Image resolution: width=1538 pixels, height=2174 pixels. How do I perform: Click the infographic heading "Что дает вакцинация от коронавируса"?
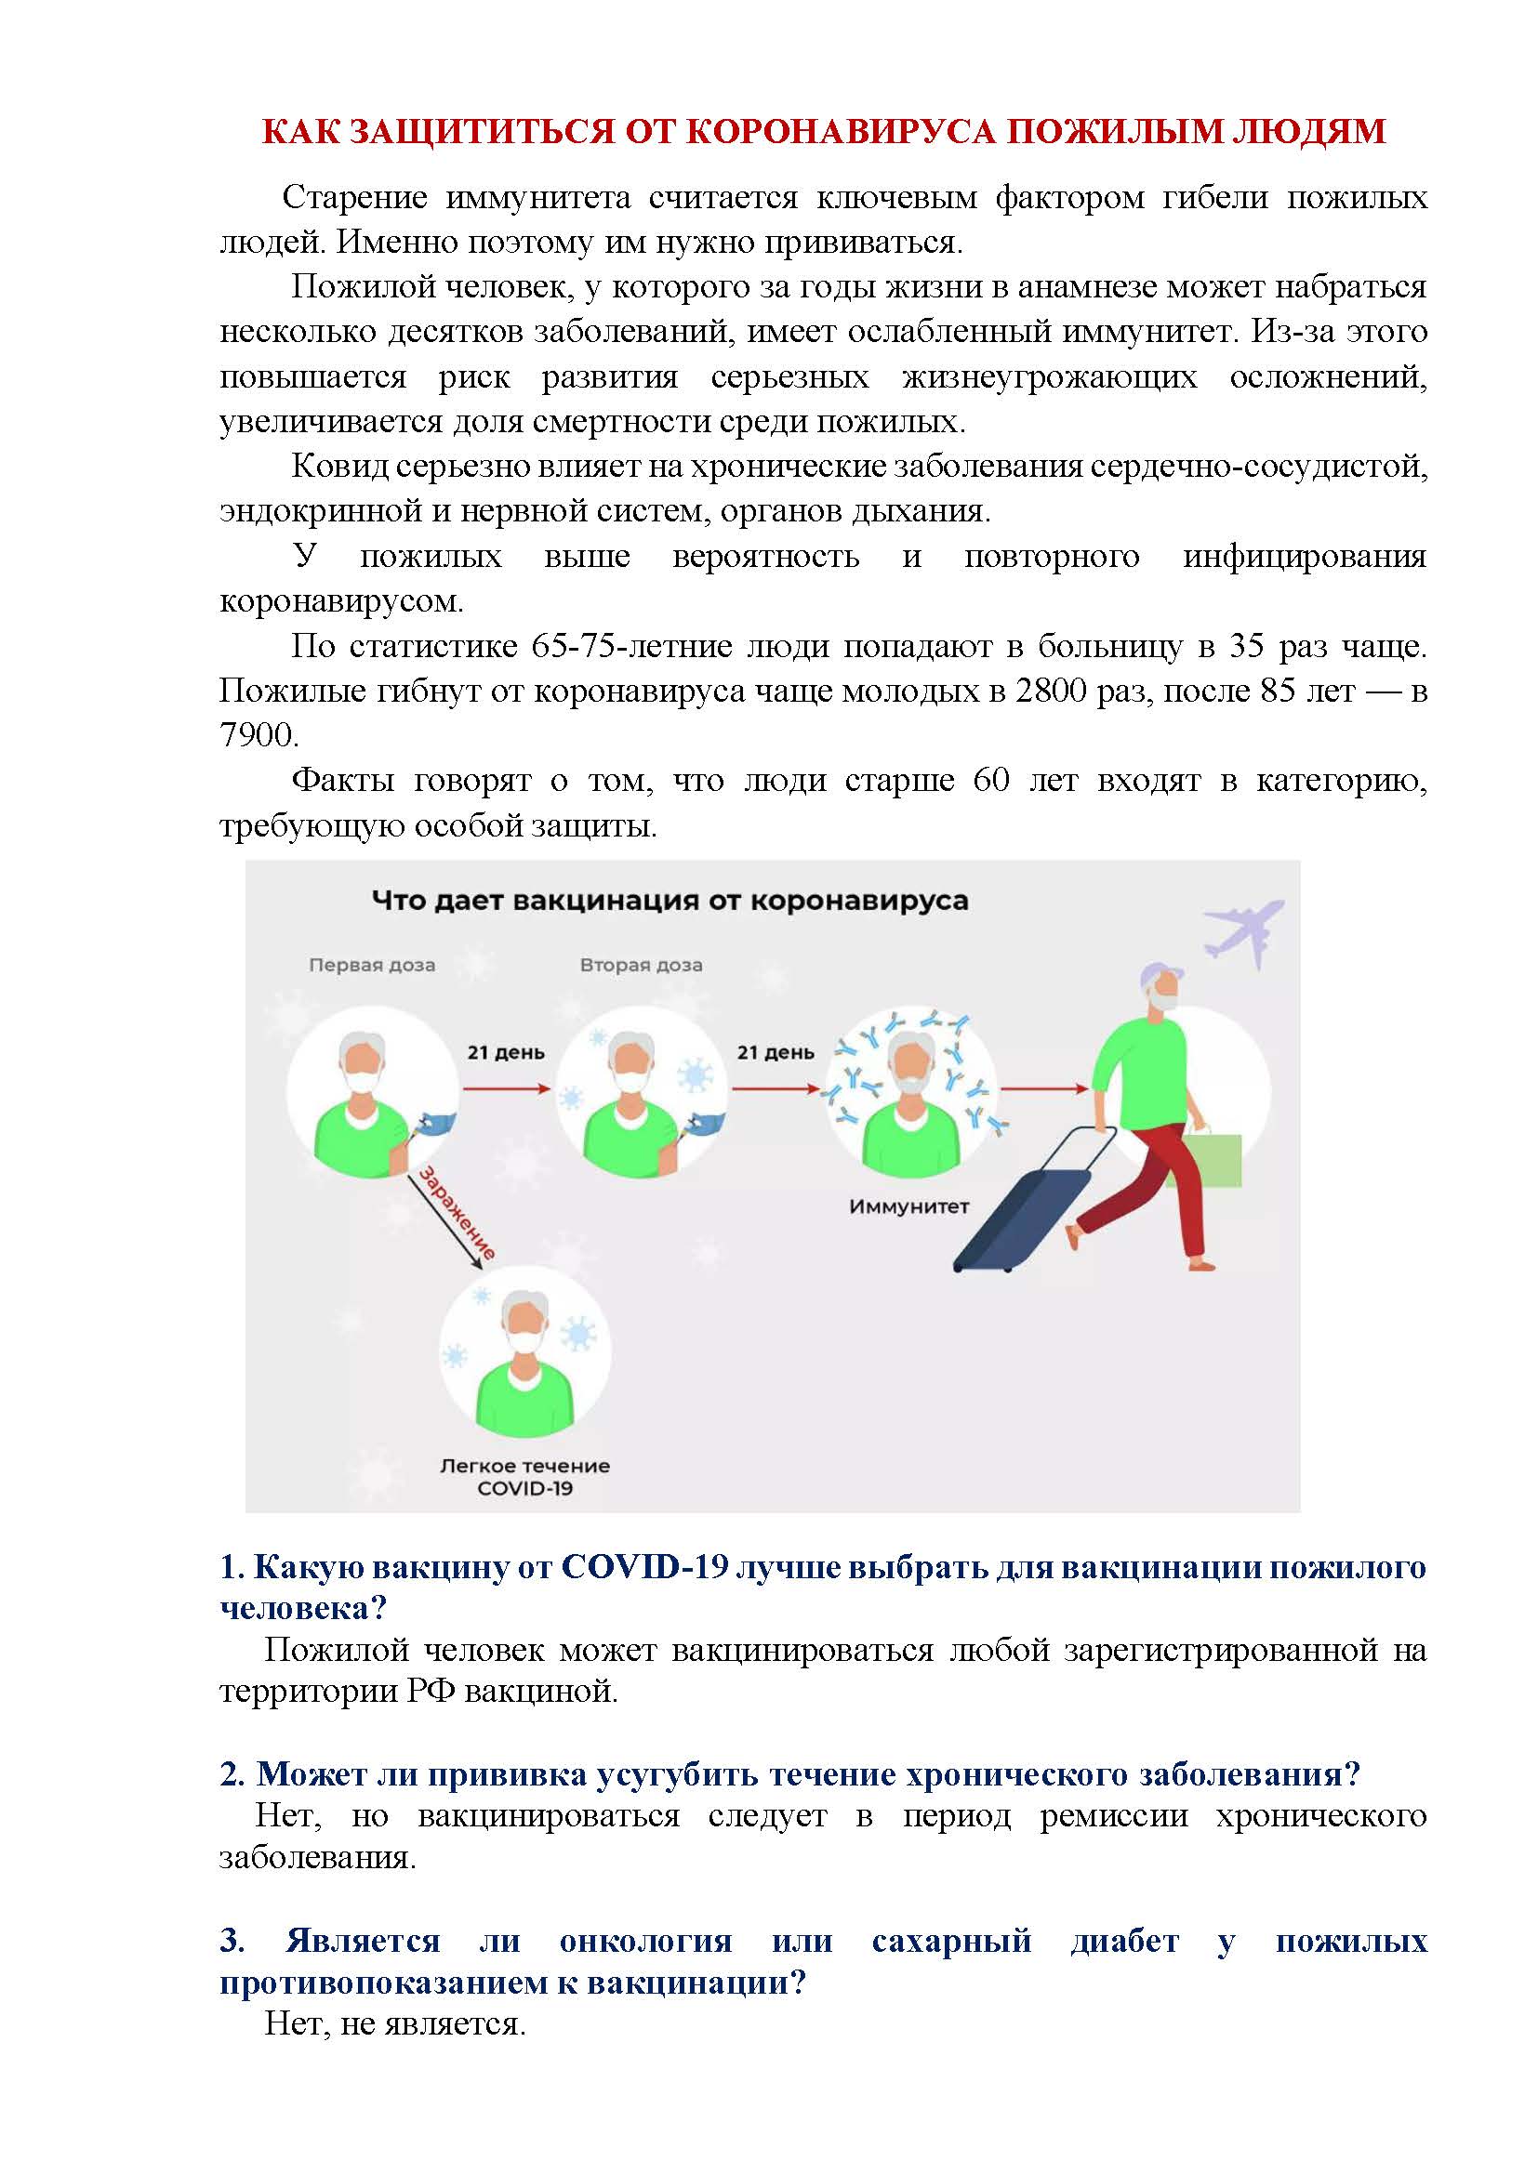coord(670,901)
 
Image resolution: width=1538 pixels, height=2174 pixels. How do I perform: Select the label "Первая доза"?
coord(372,966)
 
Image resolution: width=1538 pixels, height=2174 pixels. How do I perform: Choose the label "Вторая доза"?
coord(642,966)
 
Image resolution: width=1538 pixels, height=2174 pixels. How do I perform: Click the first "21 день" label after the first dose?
coord(506,1053)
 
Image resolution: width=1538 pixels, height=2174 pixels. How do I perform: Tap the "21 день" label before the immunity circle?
coord(776,1053)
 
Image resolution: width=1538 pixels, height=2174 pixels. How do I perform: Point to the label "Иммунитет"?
coord(909,1207)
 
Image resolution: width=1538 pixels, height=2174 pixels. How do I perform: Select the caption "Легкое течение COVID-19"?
coord(524,1477)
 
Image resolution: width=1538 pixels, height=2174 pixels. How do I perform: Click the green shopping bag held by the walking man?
coord(1213,1159)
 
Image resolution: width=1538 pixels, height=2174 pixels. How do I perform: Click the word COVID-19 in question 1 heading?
coord(644,1568)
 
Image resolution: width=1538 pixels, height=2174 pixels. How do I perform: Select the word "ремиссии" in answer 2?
coord(1114,1816)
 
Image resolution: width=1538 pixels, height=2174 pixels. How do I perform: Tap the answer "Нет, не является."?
coord(395,2024)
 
